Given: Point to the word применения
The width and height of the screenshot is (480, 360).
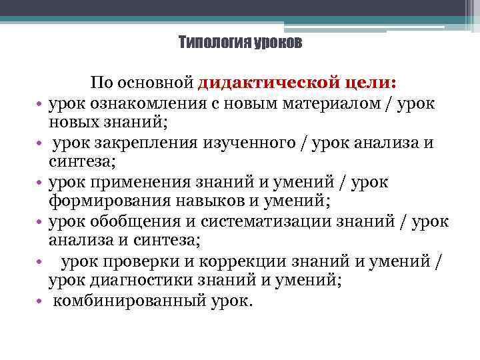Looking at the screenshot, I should pos(126,182).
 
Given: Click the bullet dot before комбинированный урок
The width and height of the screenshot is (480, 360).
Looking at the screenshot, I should pos(40,301).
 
